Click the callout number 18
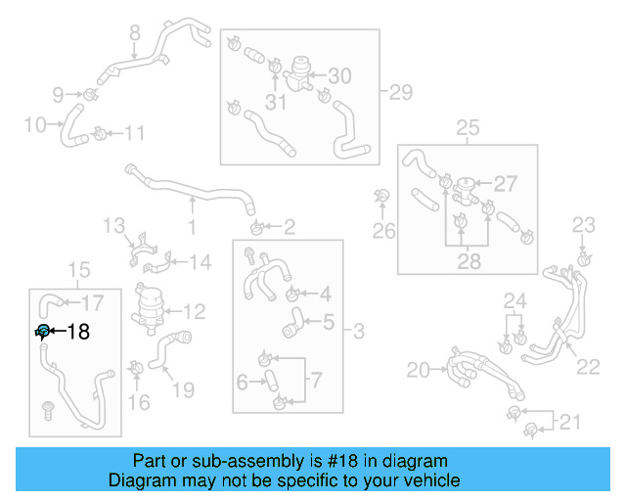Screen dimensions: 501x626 coord(77,332)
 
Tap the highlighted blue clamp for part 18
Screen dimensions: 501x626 coord(43,332)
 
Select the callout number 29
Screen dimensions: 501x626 coord(401,93)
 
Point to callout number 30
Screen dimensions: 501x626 coord(338,75)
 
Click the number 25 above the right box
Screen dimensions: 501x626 coord(468,127)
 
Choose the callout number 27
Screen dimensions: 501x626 coord(505,184)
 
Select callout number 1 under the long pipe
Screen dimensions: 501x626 coord(192,228)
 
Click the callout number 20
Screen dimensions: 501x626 coord(418,370)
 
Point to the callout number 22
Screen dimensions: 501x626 coord(588,366)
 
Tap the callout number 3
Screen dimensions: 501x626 coord(358,333)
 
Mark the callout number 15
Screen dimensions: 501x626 coord(77,269)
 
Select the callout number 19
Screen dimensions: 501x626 coord(182,390)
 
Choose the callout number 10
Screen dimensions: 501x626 coord(34,124)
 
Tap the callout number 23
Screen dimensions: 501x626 coord(583,226)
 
